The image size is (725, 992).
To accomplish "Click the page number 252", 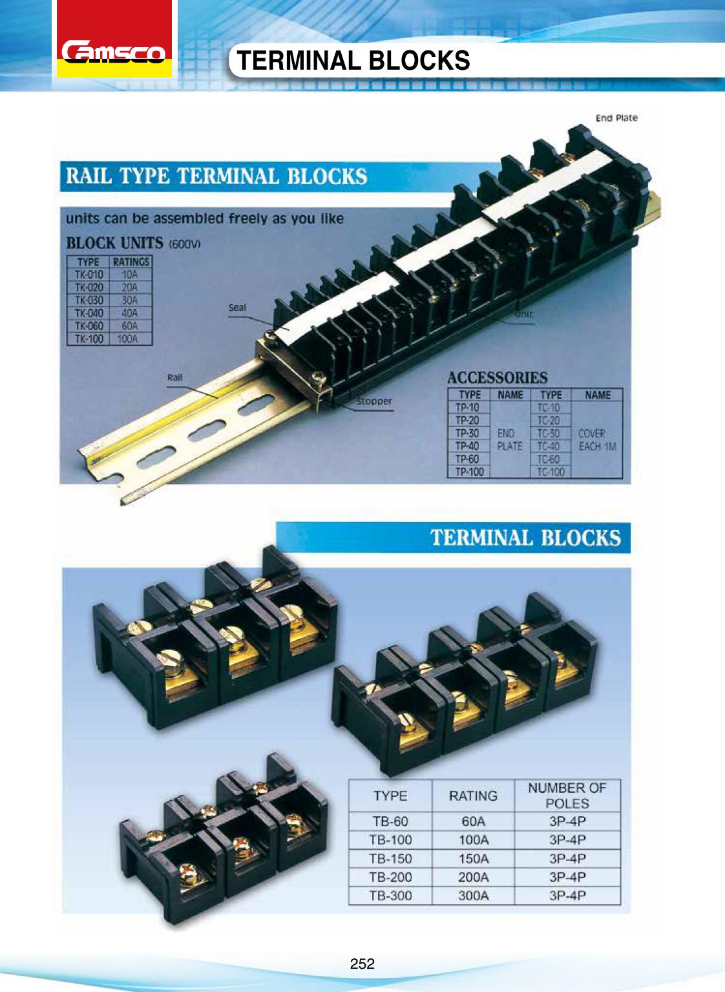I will tap(362, 964).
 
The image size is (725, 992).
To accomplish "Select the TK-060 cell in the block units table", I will tap(89, 326).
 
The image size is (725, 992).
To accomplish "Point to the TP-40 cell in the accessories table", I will tap(468, 446).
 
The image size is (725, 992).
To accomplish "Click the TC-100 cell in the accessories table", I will tap(551, 472).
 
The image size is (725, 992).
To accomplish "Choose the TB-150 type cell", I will tap(390, 859).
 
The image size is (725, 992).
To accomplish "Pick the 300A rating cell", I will tap(473, 896).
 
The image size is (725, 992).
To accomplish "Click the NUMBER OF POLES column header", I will tap(567, 796).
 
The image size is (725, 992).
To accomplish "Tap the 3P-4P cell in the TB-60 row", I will tap(567, 821).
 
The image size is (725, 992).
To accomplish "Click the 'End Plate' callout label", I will tap(616, 118).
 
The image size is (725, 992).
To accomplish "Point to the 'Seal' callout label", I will tap(237, 307).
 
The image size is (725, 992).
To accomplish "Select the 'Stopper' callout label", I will tap(373, 401).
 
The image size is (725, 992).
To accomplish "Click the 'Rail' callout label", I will tap(174, 377).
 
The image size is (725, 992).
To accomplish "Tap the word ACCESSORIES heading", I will tap(497, 377).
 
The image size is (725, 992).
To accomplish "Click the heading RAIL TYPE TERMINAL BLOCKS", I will tap(217, 176).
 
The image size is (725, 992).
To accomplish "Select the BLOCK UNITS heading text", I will tap(115, 244).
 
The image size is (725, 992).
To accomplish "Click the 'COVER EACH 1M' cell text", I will tap(597, 439).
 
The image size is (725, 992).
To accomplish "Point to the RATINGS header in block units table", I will tap(131, 262).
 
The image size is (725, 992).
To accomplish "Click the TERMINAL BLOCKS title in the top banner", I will tap(354, 61).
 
